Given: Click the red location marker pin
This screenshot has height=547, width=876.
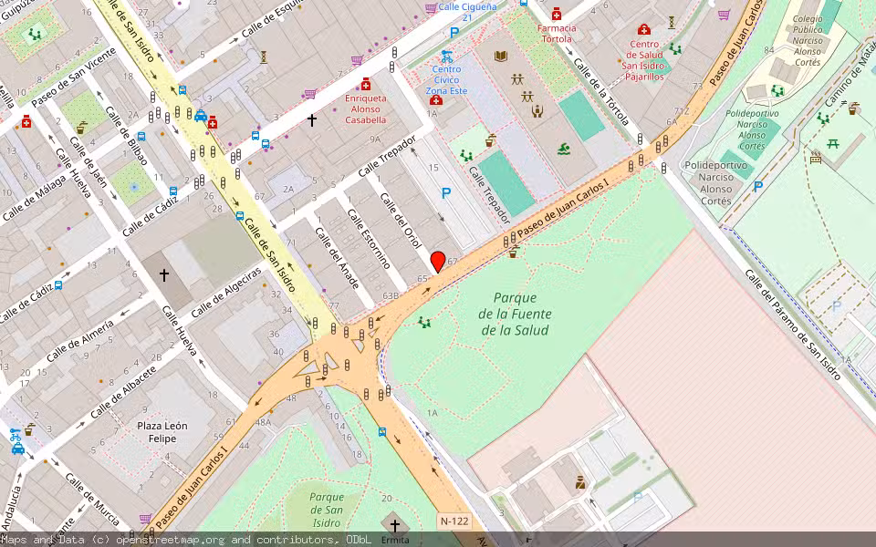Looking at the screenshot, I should [x=438, y=261].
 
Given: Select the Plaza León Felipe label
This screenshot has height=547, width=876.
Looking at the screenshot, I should [x=162, y=432].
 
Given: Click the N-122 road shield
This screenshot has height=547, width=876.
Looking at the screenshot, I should [x=454, y=521].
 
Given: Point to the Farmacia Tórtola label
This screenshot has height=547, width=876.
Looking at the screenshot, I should [x=557, y=34].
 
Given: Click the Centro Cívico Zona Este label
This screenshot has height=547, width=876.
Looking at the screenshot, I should [x=446, y=79].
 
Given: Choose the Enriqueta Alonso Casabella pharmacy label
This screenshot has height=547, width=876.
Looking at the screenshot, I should [x=365, y=108].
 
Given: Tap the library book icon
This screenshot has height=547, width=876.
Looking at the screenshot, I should [x=500, y=56].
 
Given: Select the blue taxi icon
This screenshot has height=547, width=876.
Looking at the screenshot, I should [x=200, y=116].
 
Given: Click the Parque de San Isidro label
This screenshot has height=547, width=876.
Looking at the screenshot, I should [x=326, y=510].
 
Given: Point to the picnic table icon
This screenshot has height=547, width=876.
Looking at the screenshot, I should [x=832, y=143].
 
